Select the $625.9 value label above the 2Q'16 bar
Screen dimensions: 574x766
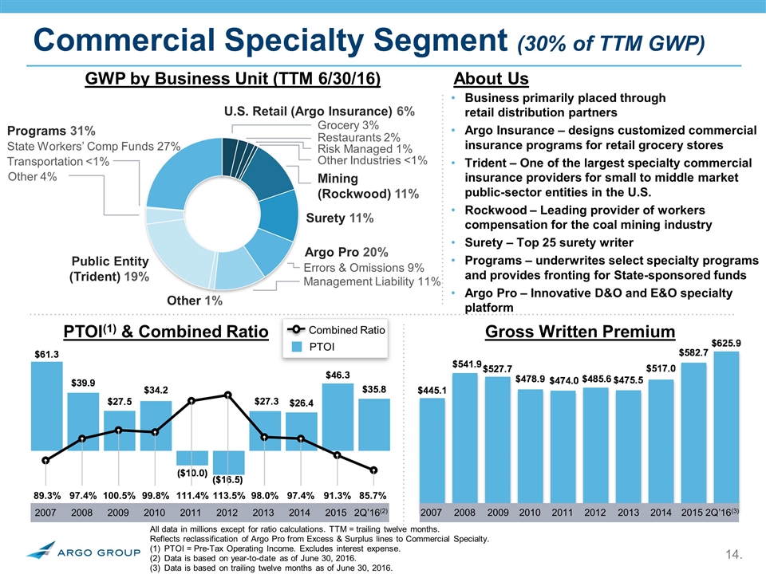(726, 344)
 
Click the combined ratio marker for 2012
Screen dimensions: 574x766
(228, 395)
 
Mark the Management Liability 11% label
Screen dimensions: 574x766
(373, 281)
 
